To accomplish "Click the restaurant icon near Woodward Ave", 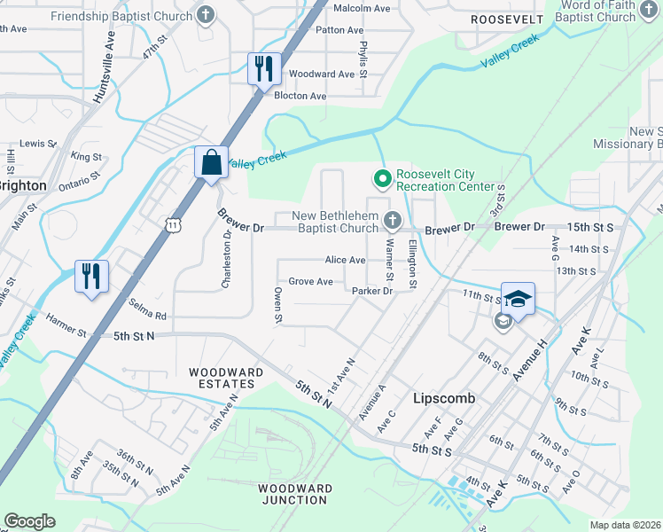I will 263,68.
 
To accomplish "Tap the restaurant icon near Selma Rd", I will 91,275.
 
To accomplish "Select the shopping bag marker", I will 211,162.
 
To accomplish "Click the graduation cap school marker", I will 518,299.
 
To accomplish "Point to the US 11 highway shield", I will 174,226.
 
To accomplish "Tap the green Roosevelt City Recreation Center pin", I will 383,179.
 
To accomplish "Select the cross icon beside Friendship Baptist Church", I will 206,15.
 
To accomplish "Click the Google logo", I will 30,521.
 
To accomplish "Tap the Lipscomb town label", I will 444,398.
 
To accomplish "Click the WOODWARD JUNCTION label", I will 295,494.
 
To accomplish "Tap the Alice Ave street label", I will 345,260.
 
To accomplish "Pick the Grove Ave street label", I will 310,282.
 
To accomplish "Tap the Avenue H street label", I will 531,353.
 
